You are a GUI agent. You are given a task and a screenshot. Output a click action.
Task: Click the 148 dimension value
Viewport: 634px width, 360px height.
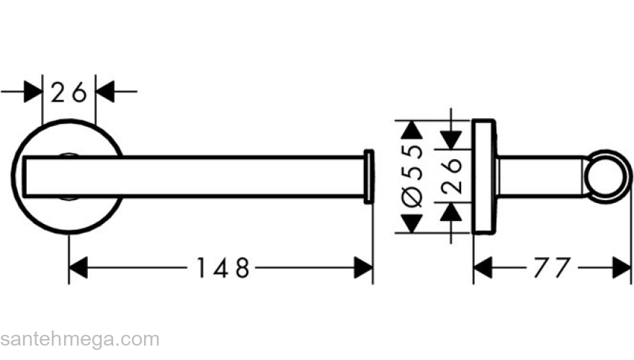(223, 268)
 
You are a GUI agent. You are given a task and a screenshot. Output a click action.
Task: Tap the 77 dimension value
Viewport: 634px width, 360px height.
(553, 268)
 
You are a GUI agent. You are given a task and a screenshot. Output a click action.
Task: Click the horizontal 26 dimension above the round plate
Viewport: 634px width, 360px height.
(68, 92)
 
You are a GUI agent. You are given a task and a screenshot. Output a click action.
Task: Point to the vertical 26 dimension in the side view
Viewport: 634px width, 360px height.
(451, 176)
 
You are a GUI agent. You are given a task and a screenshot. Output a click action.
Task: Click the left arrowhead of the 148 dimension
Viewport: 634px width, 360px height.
(79, 267)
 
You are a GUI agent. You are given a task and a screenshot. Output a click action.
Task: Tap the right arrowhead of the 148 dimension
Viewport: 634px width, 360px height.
(363, 267)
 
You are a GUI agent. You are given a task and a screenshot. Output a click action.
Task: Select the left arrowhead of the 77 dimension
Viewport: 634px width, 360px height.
(483, 267)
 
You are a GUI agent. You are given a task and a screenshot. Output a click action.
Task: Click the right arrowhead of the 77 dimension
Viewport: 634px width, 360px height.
(622, 267)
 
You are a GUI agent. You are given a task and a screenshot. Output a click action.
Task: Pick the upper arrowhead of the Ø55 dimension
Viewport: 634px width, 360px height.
(411, 130)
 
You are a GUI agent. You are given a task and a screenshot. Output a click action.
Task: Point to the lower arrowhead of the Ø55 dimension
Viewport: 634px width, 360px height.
(411, 223)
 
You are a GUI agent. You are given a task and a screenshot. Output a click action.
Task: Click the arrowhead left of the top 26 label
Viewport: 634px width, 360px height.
(33, 91)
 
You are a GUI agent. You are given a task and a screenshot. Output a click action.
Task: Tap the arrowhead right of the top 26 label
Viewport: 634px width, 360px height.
(105, 91)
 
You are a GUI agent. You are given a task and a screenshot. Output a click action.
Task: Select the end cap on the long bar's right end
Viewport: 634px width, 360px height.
(369, 176)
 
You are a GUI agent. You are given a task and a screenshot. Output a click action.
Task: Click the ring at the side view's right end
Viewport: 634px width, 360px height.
(608, 176)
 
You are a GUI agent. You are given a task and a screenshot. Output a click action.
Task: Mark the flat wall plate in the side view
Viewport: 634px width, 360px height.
(484, 176)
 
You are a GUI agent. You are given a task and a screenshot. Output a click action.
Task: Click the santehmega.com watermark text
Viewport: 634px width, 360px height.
(80, 340)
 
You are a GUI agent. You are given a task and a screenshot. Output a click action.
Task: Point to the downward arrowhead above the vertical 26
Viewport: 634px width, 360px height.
(451, 140)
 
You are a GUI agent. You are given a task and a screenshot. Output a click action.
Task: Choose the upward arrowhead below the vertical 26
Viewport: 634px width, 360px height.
(451, 212)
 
